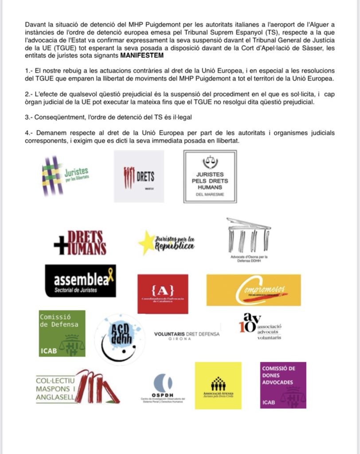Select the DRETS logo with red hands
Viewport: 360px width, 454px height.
pyautogui.click(x=139, y=176)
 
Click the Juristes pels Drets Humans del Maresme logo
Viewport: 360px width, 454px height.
pyautogui.click(x=210, y=176)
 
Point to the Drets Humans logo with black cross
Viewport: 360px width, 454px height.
pyautogui.click(x=80, y=243)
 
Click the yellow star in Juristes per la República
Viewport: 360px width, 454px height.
pyautogui.click(x=146, y=243)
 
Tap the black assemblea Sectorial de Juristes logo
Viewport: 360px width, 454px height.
pyautogui.click(x=80, y=281)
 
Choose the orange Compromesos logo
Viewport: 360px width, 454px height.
pyautogui.click(x=253, y=290)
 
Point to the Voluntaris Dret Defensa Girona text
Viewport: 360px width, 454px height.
pyautogui.click(x=186, y=336)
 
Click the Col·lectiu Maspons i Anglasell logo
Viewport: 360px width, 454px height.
pyautogui.click(x=78, y=387)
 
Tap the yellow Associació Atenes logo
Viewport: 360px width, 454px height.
pyautogui.click(x=218, y=385)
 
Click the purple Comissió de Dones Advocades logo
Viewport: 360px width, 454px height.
pyautogui.click(x=282, y=385)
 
